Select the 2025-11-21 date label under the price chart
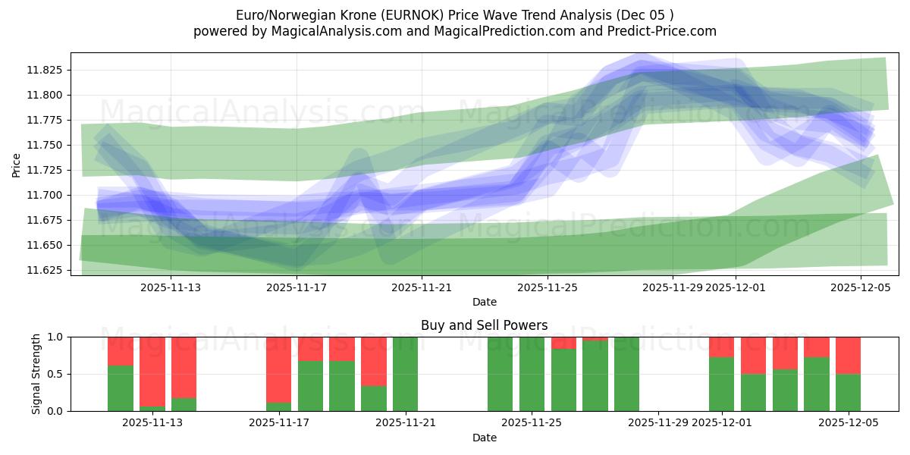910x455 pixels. click(x=422, y=287)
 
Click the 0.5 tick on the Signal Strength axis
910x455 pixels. click(x=57, y=374)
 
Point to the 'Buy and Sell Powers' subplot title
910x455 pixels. click(x=484, y=325)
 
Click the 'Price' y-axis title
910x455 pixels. click(x=17, y=165)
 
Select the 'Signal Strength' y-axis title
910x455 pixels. click(x=36, y=374)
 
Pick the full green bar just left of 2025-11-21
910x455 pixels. click(x=405, y=374)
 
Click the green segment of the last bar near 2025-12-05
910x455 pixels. click(x=848, y=392)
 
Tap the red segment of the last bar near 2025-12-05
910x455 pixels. click(x=848, y=355)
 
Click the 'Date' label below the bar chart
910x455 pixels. click(x=484, y=438)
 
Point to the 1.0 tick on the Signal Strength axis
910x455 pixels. click(x=57, y=337)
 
